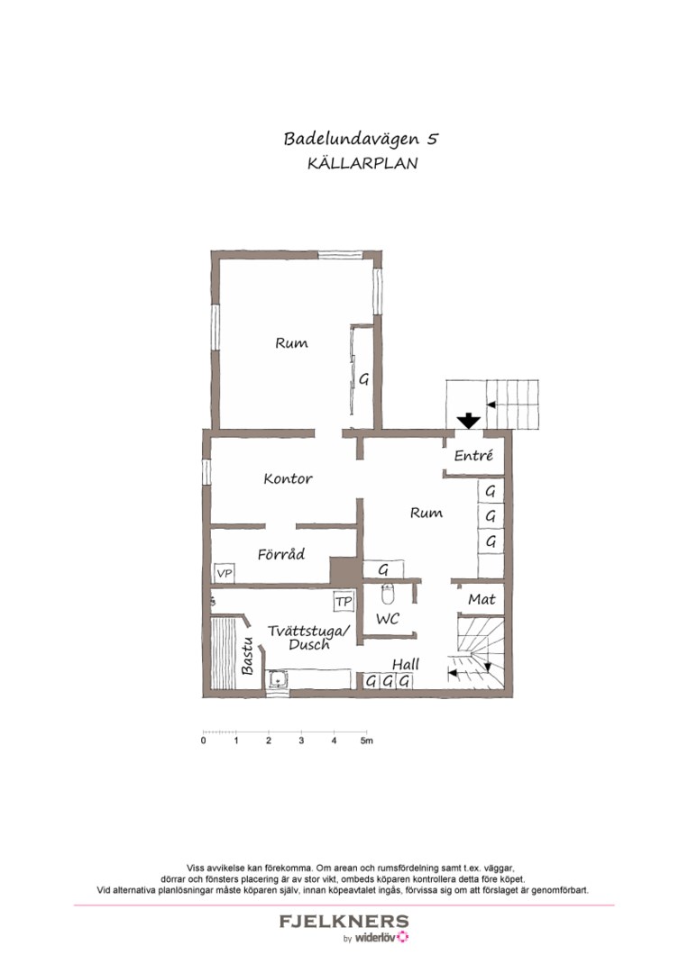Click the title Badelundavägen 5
tap(361, 139)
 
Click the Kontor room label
tap(288, 478)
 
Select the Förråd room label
tap(280, 554)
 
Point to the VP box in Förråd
tap(224, 573)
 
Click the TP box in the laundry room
tap(343, 601)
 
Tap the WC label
tap(388, 620)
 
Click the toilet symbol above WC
tap(388, 595)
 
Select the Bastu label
tap(247, 656)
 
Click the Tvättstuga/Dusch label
tap(308, 638)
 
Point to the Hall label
tap(406, 664)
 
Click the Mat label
tap(481, 599)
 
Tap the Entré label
tap(473, 456)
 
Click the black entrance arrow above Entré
tap(468, 421)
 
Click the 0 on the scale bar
tap(204, 741)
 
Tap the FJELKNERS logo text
tap(344, 922)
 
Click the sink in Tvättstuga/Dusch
tap(277, 681)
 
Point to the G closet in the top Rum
tap(364, 379)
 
